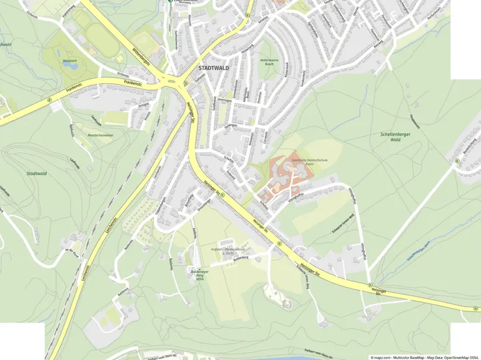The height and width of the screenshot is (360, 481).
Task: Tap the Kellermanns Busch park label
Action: [x=268, y=63]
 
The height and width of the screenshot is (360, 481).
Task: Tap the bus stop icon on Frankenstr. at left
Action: [x=49, y=99]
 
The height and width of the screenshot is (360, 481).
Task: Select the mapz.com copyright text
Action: [x=424, y=357]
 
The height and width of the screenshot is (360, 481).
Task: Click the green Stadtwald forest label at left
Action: [x=36, y=174]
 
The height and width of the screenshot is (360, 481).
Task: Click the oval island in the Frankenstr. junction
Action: [x=173, y=82]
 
